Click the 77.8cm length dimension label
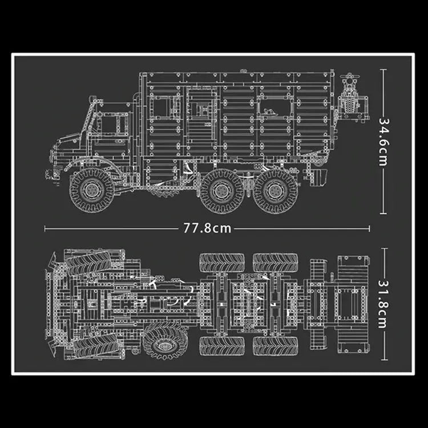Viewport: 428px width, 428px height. pyautogui.click(x=207, y=228)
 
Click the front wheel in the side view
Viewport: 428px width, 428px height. pyautogui.click(x=92, y=189)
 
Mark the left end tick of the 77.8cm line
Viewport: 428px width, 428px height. pyautogui.click(x=45, y=228)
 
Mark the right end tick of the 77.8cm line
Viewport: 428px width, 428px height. pyautogui.click(x=369, y=228)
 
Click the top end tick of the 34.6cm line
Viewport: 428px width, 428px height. pyautogui.click(x=383, y=70)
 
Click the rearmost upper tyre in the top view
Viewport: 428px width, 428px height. pyautogui.click(x=276, y=263)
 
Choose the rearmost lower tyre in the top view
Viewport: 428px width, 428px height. pyautogui.click(x=276, y=344)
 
